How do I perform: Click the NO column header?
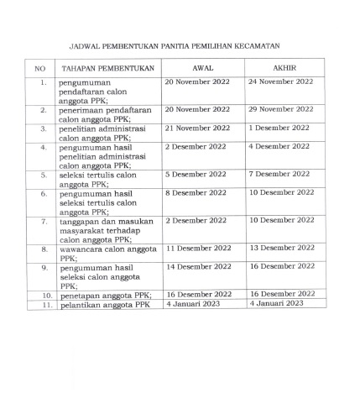40,67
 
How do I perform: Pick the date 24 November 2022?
280,82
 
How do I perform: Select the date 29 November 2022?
280,109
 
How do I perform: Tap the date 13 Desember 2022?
281,249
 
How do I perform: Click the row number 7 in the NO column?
44,221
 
